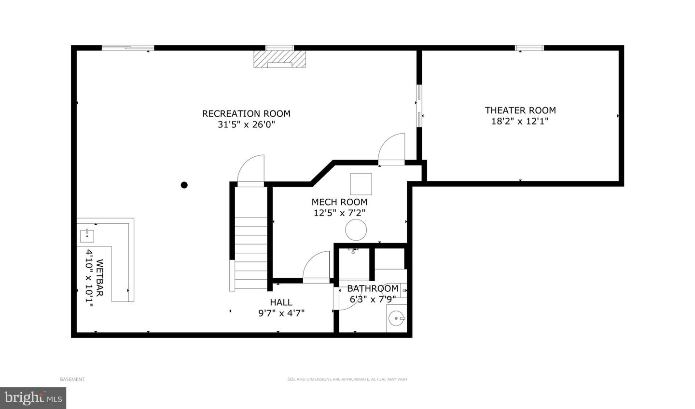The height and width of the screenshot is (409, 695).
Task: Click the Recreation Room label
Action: coord(246,114)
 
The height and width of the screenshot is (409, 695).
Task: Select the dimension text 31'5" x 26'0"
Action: coord(246,125)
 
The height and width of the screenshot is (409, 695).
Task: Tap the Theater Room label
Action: coord(520,110)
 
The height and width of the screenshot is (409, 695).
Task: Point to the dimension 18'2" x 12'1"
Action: coord(520,121)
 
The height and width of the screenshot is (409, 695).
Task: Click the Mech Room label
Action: coord(339,202)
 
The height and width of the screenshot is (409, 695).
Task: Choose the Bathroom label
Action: coord(373,288)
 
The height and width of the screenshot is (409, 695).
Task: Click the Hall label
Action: coord(281,302)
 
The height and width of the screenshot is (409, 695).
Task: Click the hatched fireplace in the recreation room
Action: coord(280,59)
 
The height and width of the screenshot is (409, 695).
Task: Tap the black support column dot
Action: coord(184,185)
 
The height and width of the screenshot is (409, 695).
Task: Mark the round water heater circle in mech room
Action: coord(356,230)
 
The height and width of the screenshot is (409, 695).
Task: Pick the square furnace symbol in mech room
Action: coord(361,184)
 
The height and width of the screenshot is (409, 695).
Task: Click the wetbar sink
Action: coord(87,236)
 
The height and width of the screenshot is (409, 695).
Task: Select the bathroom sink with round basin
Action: coord(397,318)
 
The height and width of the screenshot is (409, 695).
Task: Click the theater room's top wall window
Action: coord(529,48)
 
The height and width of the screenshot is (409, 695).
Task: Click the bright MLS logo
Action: coord(32,398)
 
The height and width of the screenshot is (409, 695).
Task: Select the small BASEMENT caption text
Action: coord(72,379)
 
